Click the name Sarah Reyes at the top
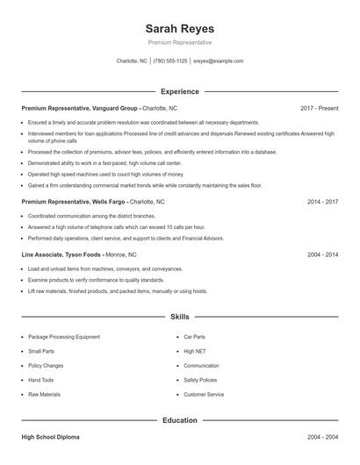coord(179,28)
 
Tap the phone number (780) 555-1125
coord(170,61)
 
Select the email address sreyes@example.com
coord(218,61)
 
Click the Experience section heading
coord(179,91)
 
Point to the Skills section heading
coord(179,316)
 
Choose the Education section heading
coord(179,420)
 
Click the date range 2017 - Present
coord(319,108)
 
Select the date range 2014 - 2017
coord(322,201)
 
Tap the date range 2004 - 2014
coord(322,254)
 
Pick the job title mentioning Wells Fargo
coord(75,201)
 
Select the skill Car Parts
coord(194,336)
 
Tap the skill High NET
coord(194,351)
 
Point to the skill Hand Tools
coord(40,380)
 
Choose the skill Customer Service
coord(204,395)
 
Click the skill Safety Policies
coord(201,380)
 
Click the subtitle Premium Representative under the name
coord(179,42)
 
